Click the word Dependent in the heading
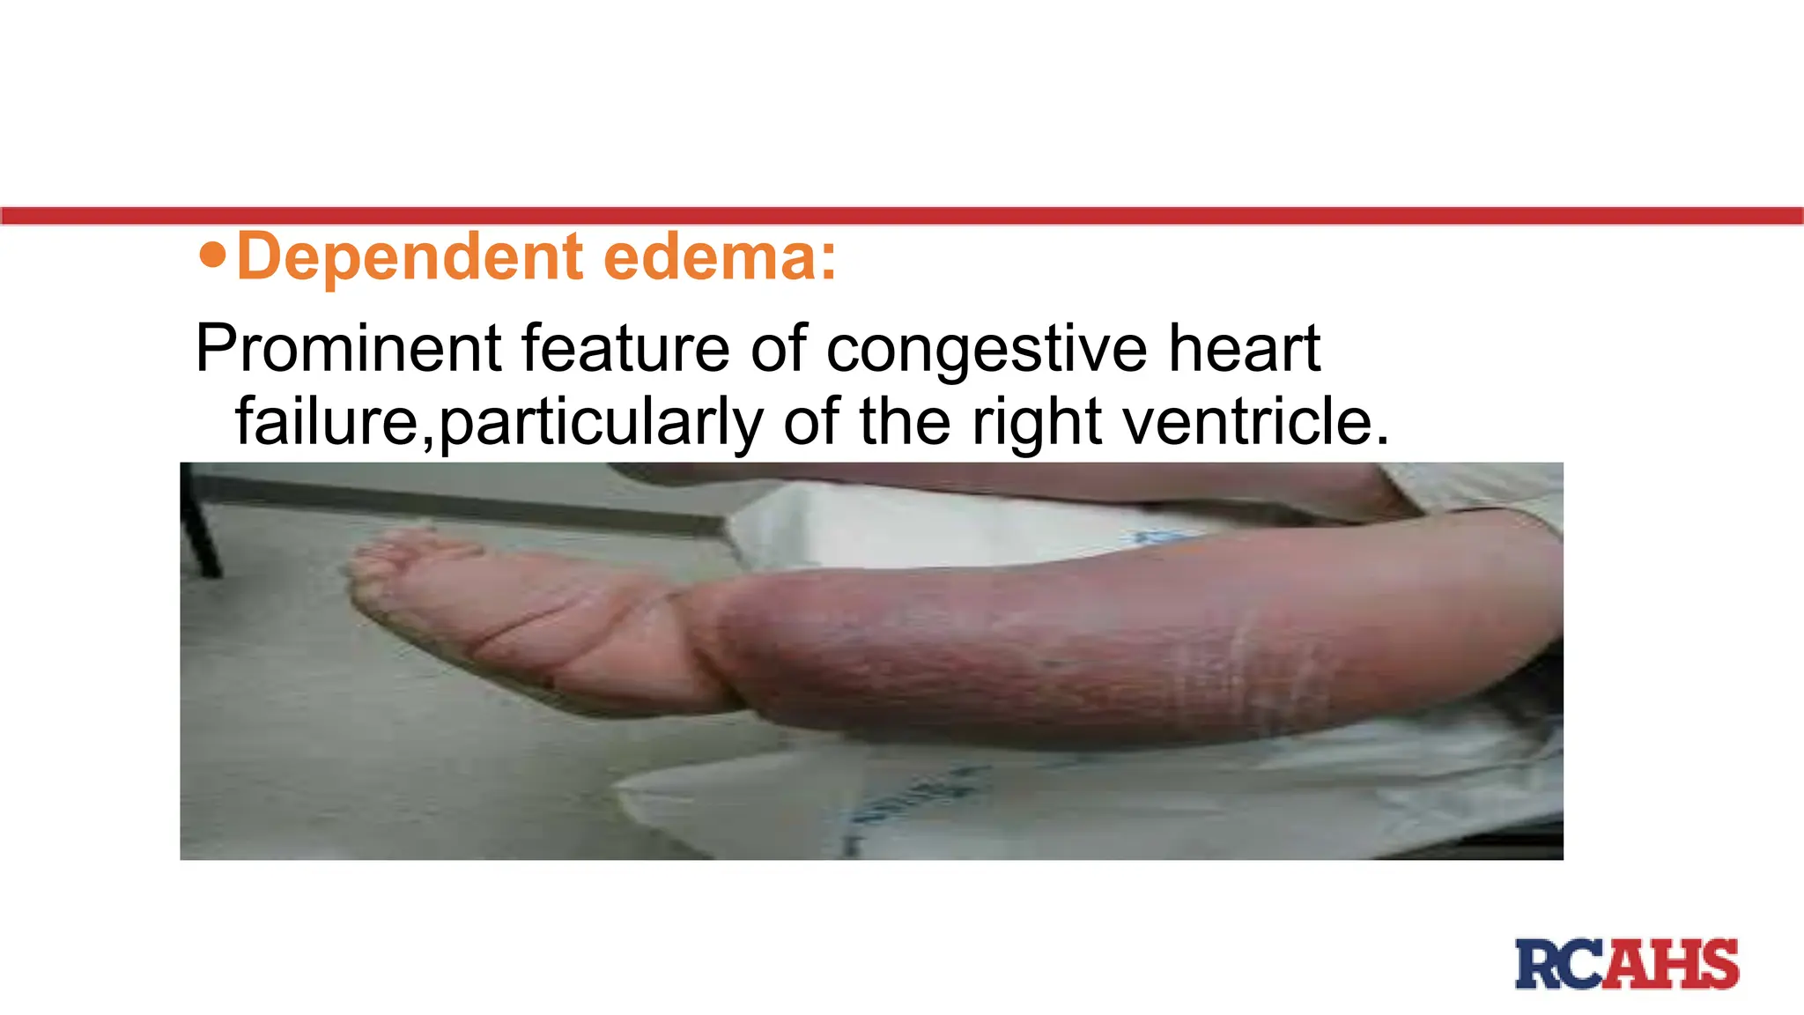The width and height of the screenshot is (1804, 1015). click(410, 257)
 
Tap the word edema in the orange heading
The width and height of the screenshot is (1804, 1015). click(719, 257)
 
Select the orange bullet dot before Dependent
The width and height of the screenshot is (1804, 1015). click(212, 256)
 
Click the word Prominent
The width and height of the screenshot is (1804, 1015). click(348, 349)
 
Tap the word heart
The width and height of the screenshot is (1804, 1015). click(1244, 349)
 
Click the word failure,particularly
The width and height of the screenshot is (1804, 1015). click(499, 422)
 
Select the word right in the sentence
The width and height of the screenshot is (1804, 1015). click(1036, 422)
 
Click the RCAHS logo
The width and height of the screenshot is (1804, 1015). click(1627, 964)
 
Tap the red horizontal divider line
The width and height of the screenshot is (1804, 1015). click(902, 216)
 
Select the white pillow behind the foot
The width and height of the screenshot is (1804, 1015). click(881, 529)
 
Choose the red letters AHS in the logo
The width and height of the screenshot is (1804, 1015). click(1672, 964)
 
